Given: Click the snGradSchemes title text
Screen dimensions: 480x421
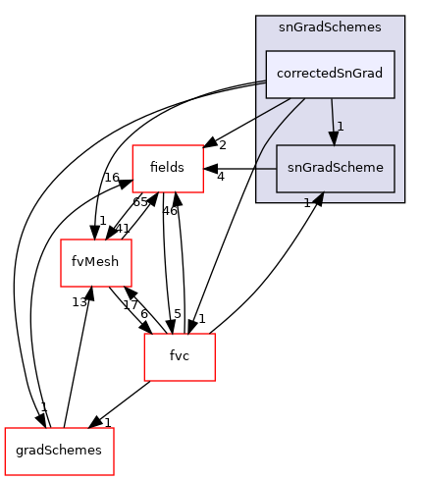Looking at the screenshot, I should [x=330, y=27].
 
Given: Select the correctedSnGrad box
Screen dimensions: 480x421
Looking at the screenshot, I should [x=330, y=74].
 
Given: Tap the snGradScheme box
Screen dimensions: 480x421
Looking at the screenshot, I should [x=336, y=168].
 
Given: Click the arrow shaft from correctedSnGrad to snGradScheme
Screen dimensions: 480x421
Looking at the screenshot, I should [x=332, y=113].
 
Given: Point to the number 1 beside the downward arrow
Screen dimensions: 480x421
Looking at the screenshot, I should [x=340, y=127].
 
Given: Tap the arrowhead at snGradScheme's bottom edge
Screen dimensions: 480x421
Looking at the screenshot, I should [x=318, y=197].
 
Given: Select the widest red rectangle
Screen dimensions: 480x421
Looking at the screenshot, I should [x=59, y=452].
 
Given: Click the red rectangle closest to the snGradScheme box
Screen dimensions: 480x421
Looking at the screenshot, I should [x=168, y=168].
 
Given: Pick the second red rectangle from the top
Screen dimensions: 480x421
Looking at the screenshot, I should [x=96, y=262].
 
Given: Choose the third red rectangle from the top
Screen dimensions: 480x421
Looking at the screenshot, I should [x=180, y=357].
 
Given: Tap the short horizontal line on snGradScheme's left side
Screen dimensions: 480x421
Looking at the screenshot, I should [x=266, y=168].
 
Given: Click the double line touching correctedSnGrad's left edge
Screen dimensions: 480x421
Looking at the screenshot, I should [x=261, y=84].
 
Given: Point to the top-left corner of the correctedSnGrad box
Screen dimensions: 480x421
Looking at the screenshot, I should [x=266, y=51].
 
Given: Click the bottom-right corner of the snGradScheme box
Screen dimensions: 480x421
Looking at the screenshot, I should [x=395, y=191].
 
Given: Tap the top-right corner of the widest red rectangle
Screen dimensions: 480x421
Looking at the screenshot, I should [x=114, y=428].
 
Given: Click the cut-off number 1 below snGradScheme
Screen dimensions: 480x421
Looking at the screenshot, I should [x=307, y=201].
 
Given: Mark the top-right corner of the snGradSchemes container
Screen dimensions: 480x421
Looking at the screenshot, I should [x=403, y=16].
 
